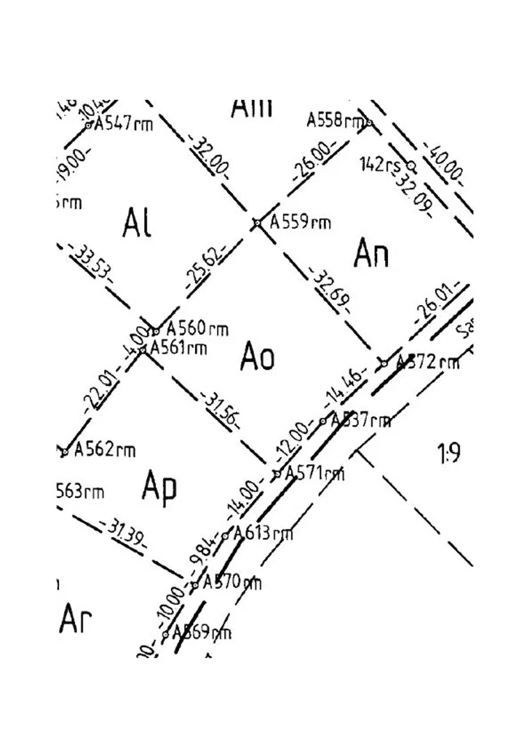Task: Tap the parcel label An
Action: click(x=371, y=254)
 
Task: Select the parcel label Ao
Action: click(x=258, y=356)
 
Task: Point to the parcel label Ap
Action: click(x=159, y=487)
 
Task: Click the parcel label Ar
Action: click(x=76, y=619)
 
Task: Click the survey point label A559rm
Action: click(x=300, y=222)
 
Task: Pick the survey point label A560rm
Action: click(x=197, y=329)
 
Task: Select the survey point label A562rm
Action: click(x=105, y=449)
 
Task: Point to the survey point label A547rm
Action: click(x=124, y=123)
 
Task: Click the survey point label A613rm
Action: click(x=262, y=533)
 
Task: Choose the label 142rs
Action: click(x=380, y=164)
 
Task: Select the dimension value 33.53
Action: click(x=92, y=263)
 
